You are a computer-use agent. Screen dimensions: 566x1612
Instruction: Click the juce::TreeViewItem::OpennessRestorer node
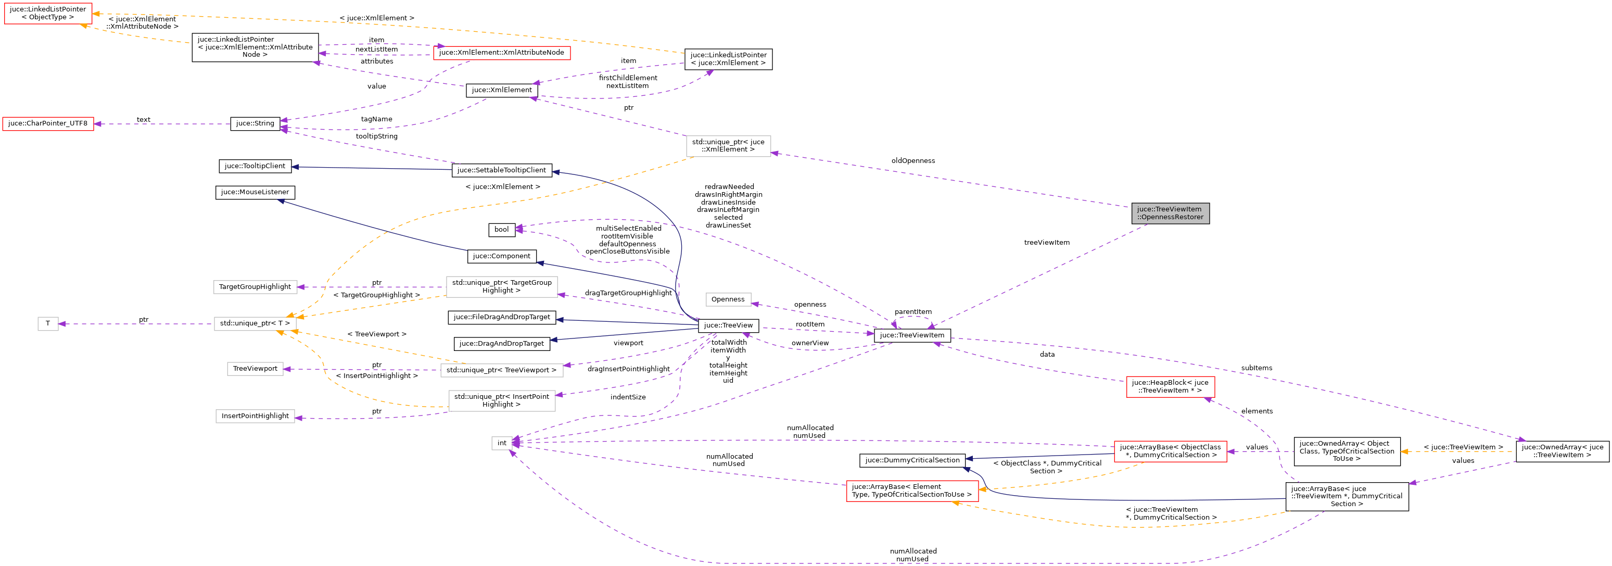pos(1170,213)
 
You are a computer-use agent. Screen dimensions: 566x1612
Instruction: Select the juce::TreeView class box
pos(728,325)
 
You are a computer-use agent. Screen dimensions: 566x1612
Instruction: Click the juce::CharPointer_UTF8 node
pos(48,123)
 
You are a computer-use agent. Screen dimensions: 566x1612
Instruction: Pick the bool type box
pos(501,230)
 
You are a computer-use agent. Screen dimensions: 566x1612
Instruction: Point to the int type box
pos(501,443)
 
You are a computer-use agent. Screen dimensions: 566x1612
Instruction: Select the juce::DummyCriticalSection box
pos(912,460)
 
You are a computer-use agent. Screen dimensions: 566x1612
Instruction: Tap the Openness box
pos(728,299)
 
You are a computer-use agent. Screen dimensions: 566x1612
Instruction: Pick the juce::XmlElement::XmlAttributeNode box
pos(501,53)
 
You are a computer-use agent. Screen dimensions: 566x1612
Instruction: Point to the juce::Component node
pos(501,256)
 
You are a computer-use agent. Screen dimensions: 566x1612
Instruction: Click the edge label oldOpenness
pos(913,161)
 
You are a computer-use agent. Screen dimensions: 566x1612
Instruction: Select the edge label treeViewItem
pos(1046,242)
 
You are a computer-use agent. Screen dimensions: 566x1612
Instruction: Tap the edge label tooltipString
pos(376,136)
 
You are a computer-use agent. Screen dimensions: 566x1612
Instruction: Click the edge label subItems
pos(1256,368)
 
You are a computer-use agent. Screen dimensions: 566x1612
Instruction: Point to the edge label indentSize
pos(628,397)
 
